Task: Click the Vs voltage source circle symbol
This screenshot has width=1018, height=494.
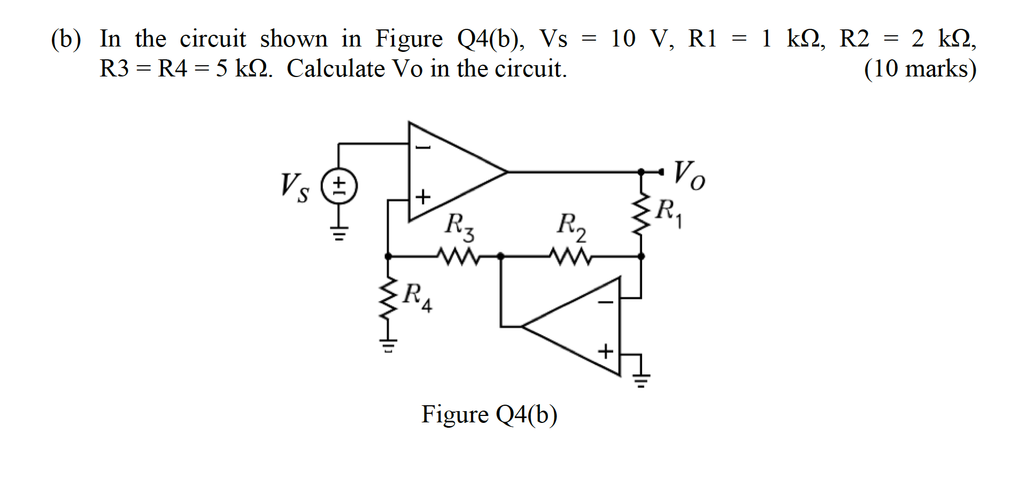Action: tap(339, 187)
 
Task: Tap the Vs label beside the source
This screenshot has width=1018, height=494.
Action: tap(295, 187)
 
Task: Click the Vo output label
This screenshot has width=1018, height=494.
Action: tap(689, 175)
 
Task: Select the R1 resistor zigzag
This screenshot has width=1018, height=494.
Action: tap(641, 214)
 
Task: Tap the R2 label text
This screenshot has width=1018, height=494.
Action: tap(571, 227)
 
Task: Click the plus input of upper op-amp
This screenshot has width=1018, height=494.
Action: tap(423, 197)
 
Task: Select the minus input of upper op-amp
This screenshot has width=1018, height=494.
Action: tap(423, 147)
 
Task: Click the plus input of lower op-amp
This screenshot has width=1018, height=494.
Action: tap(605, 352)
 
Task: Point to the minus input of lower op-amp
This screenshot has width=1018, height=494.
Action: tap(605, 303)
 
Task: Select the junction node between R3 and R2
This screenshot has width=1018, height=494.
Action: tap(500, 257)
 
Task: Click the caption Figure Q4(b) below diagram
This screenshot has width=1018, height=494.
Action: tap(489, 414)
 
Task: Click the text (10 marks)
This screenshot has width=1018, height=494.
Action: tap(920, 69)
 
